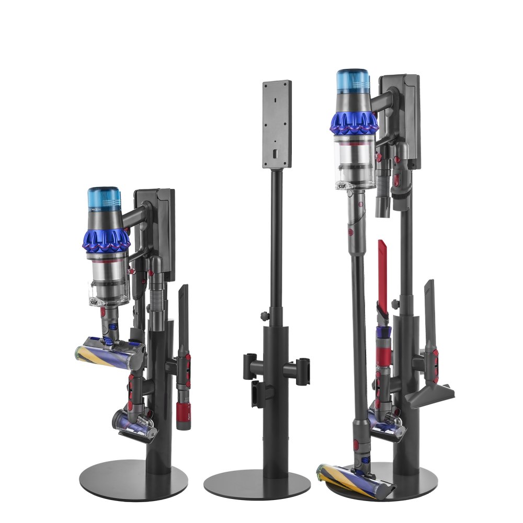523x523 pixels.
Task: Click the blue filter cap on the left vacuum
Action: pos(104,199)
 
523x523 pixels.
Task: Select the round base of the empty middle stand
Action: pos(257,484)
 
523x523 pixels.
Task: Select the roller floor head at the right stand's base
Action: pos(356,480)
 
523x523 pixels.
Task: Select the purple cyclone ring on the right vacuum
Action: pos(353,123)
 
